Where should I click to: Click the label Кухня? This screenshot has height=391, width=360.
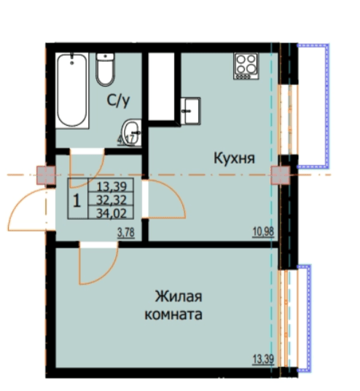233,157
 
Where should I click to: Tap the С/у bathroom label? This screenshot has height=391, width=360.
119,102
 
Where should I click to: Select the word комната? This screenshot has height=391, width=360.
173,316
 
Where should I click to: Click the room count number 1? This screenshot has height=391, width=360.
77,198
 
